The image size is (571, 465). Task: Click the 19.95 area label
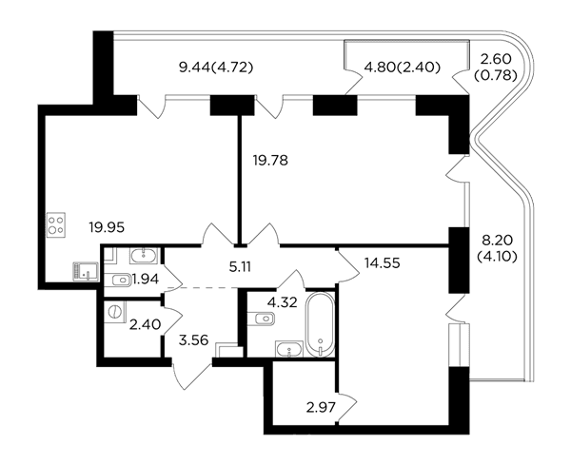coord(107,228)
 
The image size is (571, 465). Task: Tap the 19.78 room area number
coord(270,160)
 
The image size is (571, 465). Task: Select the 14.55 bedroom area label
coord(382,262)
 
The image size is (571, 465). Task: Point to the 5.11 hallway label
coord(240,267)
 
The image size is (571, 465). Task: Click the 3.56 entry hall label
coord(194,340)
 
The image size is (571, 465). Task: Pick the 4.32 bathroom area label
coord(283,302)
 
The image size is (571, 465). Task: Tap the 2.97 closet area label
coord(321,407)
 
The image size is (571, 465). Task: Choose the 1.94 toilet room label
coord(146,280)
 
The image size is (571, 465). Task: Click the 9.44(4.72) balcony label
coord(216,68)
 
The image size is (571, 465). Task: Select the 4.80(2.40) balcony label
coord(403,68)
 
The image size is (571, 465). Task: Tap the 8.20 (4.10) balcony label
coord(497,249)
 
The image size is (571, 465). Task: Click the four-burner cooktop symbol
coord(56,225)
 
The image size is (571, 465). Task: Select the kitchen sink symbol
coord(86,272)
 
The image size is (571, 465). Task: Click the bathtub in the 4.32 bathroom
coord(320,325)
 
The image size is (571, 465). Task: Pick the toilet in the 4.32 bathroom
coord(261,320)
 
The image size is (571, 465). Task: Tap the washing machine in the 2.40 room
coord(115,312)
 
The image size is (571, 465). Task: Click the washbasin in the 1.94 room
coord(144,256)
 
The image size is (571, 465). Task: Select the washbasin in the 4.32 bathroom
coord(289,349)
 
